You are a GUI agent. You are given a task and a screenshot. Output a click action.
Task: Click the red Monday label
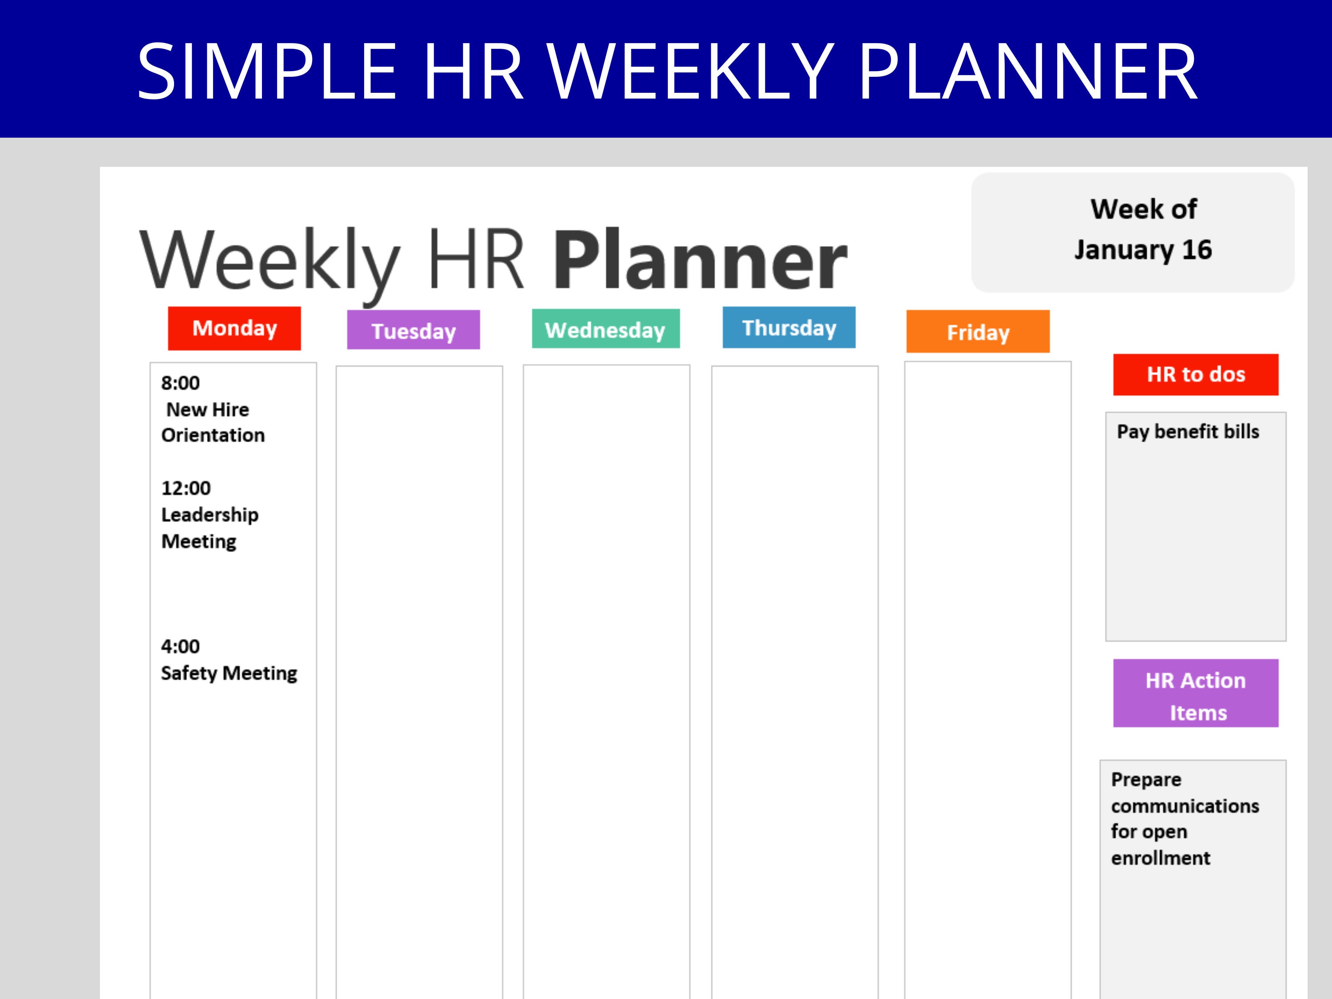tap(234, 328)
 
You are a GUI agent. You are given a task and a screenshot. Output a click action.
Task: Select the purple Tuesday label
tap(413, 330)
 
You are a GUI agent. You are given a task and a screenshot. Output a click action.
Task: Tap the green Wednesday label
tap(605, 329)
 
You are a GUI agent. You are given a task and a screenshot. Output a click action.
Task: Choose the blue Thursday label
tap(789, 328)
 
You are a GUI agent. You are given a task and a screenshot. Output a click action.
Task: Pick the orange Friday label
tap(977, 332)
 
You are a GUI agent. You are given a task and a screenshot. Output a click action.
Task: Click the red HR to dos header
tap(1195, 375)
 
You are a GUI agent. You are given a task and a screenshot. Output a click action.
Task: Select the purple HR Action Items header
tap(1195, 693)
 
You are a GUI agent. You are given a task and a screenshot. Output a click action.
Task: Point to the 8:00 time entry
tap(180, 383)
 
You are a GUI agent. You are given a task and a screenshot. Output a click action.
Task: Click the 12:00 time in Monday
tap(186, 488)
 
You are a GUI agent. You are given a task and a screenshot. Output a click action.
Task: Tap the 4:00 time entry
tap(180, 646)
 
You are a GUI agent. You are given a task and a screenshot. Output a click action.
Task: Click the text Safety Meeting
tap(229, 673)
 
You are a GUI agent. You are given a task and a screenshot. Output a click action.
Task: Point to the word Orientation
tap(213, 435)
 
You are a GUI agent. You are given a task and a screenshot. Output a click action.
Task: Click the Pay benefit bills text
tap(1188, 431)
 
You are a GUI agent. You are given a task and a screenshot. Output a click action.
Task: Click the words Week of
tap(1143, 209)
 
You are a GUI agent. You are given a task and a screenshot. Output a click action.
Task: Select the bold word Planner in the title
tap(700, 261)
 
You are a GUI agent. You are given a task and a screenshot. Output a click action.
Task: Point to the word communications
tap(1185, 806)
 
